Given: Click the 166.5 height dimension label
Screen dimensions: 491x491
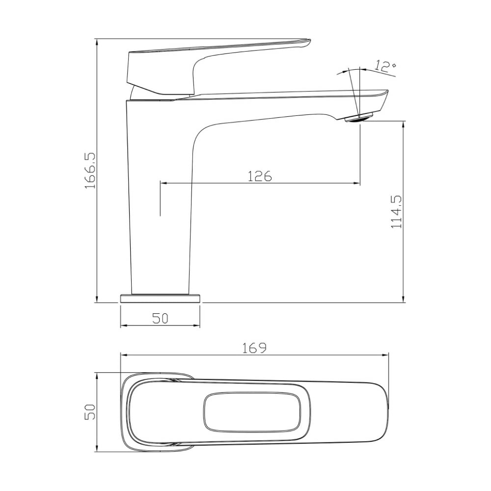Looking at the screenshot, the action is (90, 171).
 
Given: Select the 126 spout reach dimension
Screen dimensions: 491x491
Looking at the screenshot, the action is (260, 176).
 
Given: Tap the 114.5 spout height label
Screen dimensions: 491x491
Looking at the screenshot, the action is (396, 212).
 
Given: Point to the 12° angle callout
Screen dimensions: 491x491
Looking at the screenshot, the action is (385, 66).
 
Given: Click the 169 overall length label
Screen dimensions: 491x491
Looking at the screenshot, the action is (254, 348).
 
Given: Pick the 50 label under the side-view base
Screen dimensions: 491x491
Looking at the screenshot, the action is (161, 319).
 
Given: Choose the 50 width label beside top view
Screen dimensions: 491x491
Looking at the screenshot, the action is (90, 412).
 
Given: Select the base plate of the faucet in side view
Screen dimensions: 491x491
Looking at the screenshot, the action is (160, 299).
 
